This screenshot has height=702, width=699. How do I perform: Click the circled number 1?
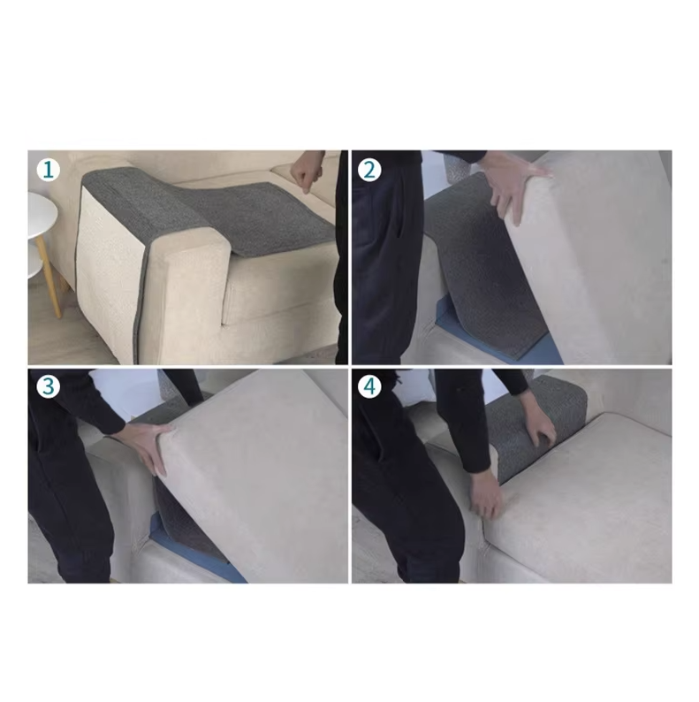pyautogui.click(x=47, y=169)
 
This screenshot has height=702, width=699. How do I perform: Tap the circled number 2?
pyautogui.click(x=369, y=169)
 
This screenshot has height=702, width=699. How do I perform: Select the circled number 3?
pyautogui.click(x=47, y=386)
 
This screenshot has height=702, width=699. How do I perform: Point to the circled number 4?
pyautogui.click(x=369, y=386)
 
